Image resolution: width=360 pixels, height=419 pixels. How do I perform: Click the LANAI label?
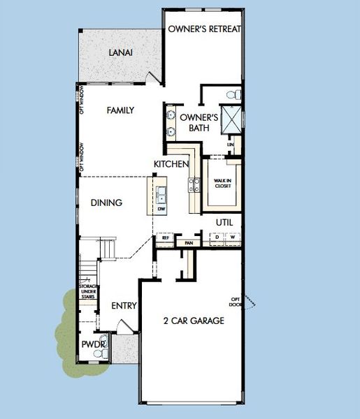point(121,52)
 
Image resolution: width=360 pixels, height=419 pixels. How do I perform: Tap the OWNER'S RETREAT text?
point(205,29)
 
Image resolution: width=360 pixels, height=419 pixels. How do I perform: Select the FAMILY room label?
point(120,110)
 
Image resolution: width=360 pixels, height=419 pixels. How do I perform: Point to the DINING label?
point(107,203)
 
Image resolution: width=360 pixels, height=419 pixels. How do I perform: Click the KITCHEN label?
point(172,164)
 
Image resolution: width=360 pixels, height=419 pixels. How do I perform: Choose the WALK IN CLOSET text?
point(222,184)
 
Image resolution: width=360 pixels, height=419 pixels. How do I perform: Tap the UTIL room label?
point(224,222)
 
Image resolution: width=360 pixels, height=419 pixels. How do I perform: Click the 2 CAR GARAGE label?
point(194,321)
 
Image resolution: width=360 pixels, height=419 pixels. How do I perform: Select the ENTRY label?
point(124,306)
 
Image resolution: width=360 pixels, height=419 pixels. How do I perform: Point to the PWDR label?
point(92,344)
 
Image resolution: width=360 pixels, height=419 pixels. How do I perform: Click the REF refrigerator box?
point(166,238)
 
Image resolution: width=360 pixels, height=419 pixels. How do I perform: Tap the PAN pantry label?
point(188,242)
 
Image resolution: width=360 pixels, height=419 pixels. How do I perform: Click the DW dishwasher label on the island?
point(161,209)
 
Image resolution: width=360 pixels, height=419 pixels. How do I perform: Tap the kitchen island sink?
point(161,193)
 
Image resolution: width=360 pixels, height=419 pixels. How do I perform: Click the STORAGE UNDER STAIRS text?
point(87,291)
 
